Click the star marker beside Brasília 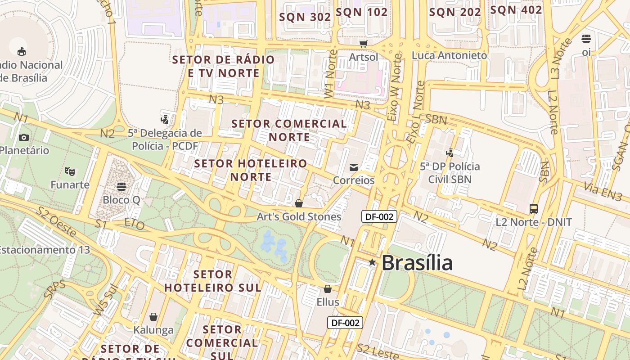pos(372,262)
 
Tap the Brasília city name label pos(417,263)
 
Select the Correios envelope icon pos(354,167)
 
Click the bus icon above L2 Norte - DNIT pos(534,209)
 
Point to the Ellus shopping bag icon pos(328,289)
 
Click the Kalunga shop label pos(153,330)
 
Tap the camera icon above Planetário pos(24,137)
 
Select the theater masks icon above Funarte pos(69,171)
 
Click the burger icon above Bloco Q pos(121,186)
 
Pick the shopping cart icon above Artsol pos(364,44)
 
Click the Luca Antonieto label pos(450,55)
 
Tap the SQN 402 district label pos(516,10)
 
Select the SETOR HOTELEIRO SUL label pos(212,281)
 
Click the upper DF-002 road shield pos(379,216)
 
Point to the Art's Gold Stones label pos(299,217)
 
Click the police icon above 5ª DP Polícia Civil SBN pos(450,153)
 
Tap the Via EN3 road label pos(603,191)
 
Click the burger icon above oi pos(586,39)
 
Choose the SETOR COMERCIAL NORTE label pos(289,130)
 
